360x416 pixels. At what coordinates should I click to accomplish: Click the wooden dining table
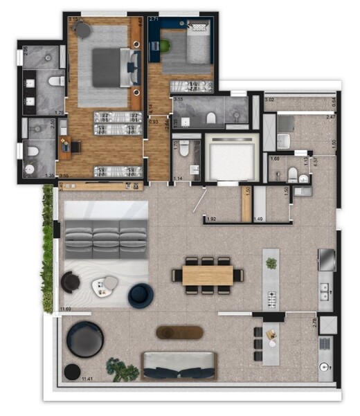click(x=208, y=275)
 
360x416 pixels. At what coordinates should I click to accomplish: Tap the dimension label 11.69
click(x=67, y=309)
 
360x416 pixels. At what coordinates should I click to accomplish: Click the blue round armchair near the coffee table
click(x=141, y=296)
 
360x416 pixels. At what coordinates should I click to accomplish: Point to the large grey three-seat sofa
click(x=107, y=239)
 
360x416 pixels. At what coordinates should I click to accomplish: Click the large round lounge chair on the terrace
click(x=85, y=339)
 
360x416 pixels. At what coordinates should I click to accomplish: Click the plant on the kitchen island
click(x=271, y=264)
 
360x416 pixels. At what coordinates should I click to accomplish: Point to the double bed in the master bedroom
click(x=110, y=67)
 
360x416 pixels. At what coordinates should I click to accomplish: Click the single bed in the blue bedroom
click(x=188, y=46)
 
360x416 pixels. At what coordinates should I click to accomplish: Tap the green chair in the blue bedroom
click(x=165, y=46)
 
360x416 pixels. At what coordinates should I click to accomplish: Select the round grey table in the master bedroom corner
click(x=83, y=30)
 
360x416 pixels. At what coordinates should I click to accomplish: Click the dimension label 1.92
click(x=213, y=220)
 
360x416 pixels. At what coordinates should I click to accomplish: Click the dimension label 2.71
click(x=154, y=20)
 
